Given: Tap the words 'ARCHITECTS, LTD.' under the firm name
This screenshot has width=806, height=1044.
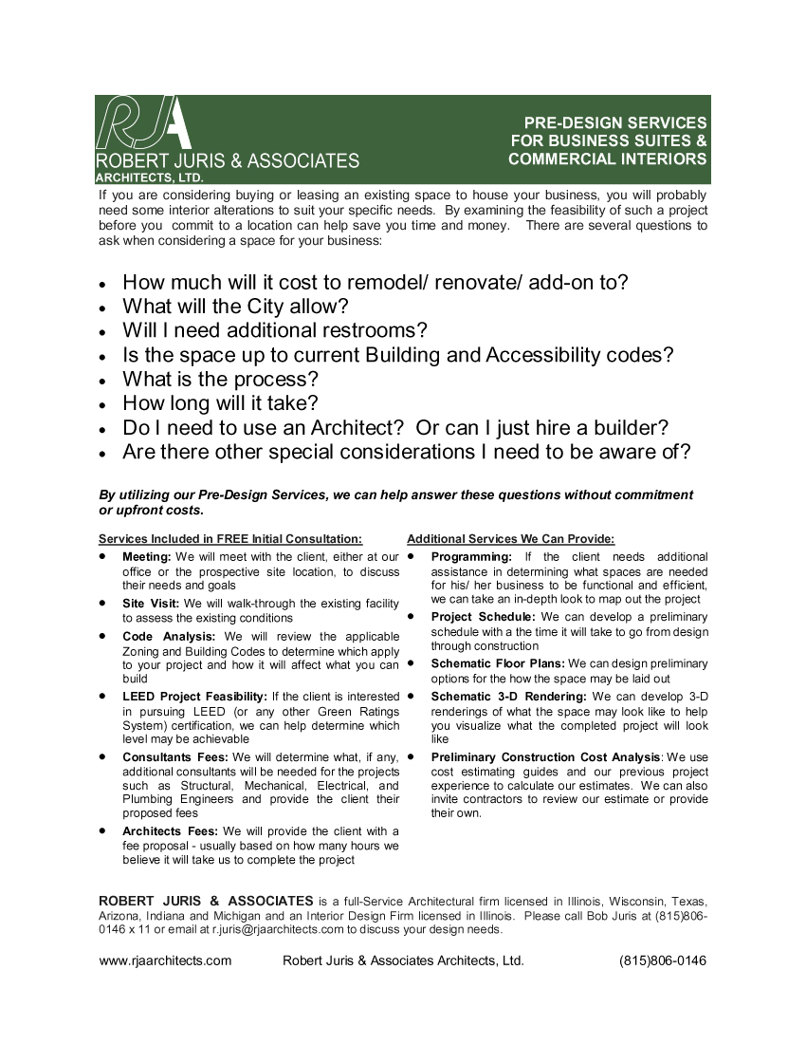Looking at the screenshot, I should pos(150,177).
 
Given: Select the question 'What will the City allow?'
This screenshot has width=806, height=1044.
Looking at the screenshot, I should pos(235,307).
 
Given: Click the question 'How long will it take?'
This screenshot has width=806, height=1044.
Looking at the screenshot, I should pos(220,403).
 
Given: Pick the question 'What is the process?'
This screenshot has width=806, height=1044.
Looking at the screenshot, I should pos(220,379).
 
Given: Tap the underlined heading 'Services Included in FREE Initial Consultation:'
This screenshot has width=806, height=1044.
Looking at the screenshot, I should pos(230,539).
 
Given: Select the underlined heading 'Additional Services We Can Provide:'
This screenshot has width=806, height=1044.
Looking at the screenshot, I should pos(510,539).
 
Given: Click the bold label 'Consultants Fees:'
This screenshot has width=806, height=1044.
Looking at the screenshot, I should pos(175,757).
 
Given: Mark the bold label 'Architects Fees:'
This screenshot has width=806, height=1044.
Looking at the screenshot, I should pos(170,831).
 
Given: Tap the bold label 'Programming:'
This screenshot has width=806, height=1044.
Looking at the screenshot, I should pos(471,557).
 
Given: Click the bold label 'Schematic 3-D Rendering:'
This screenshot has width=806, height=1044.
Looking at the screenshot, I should pos(508,697).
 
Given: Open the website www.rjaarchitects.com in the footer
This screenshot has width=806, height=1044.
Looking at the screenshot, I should pos(165,960).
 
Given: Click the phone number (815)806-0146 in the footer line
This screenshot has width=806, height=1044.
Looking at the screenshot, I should pos(662,960).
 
